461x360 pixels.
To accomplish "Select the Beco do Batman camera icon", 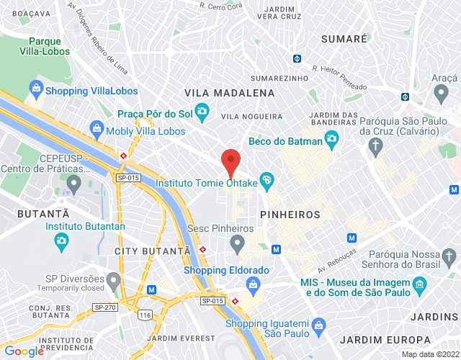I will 331,142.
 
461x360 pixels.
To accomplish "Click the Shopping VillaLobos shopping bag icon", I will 35,91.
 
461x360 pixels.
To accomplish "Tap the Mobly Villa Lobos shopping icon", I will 96,131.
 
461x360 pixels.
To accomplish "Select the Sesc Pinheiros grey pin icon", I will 237,245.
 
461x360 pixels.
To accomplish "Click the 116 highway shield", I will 146,315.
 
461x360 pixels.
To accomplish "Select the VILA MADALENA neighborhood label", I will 230,94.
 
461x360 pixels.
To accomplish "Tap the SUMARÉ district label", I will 344,37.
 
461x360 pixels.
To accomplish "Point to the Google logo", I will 24,351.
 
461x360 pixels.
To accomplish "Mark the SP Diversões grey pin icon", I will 112,279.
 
